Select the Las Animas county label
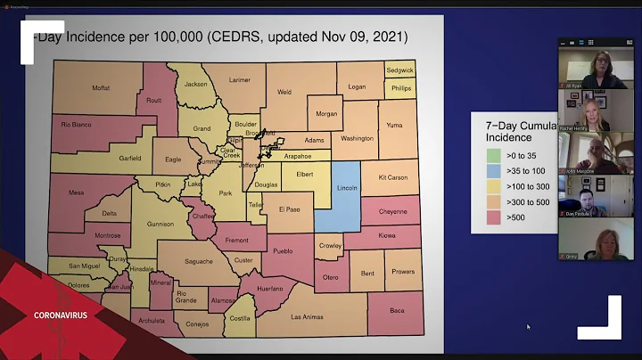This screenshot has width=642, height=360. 306,317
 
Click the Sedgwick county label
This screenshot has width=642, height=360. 399,70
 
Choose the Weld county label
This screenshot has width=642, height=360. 284,91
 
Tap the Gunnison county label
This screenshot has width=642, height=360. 160,225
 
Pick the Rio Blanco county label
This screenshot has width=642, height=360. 77,125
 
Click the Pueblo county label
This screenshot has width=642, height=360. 283,251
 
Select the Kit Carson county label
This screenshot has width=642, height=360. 391,177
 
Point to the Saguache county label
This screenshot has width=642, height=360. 199,261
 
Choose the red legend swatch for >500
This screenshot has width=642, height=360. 493,217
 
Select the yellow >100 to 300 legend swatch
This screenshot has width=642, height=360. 493,186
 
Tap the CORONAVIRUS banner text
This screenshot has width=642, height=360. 61,315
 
